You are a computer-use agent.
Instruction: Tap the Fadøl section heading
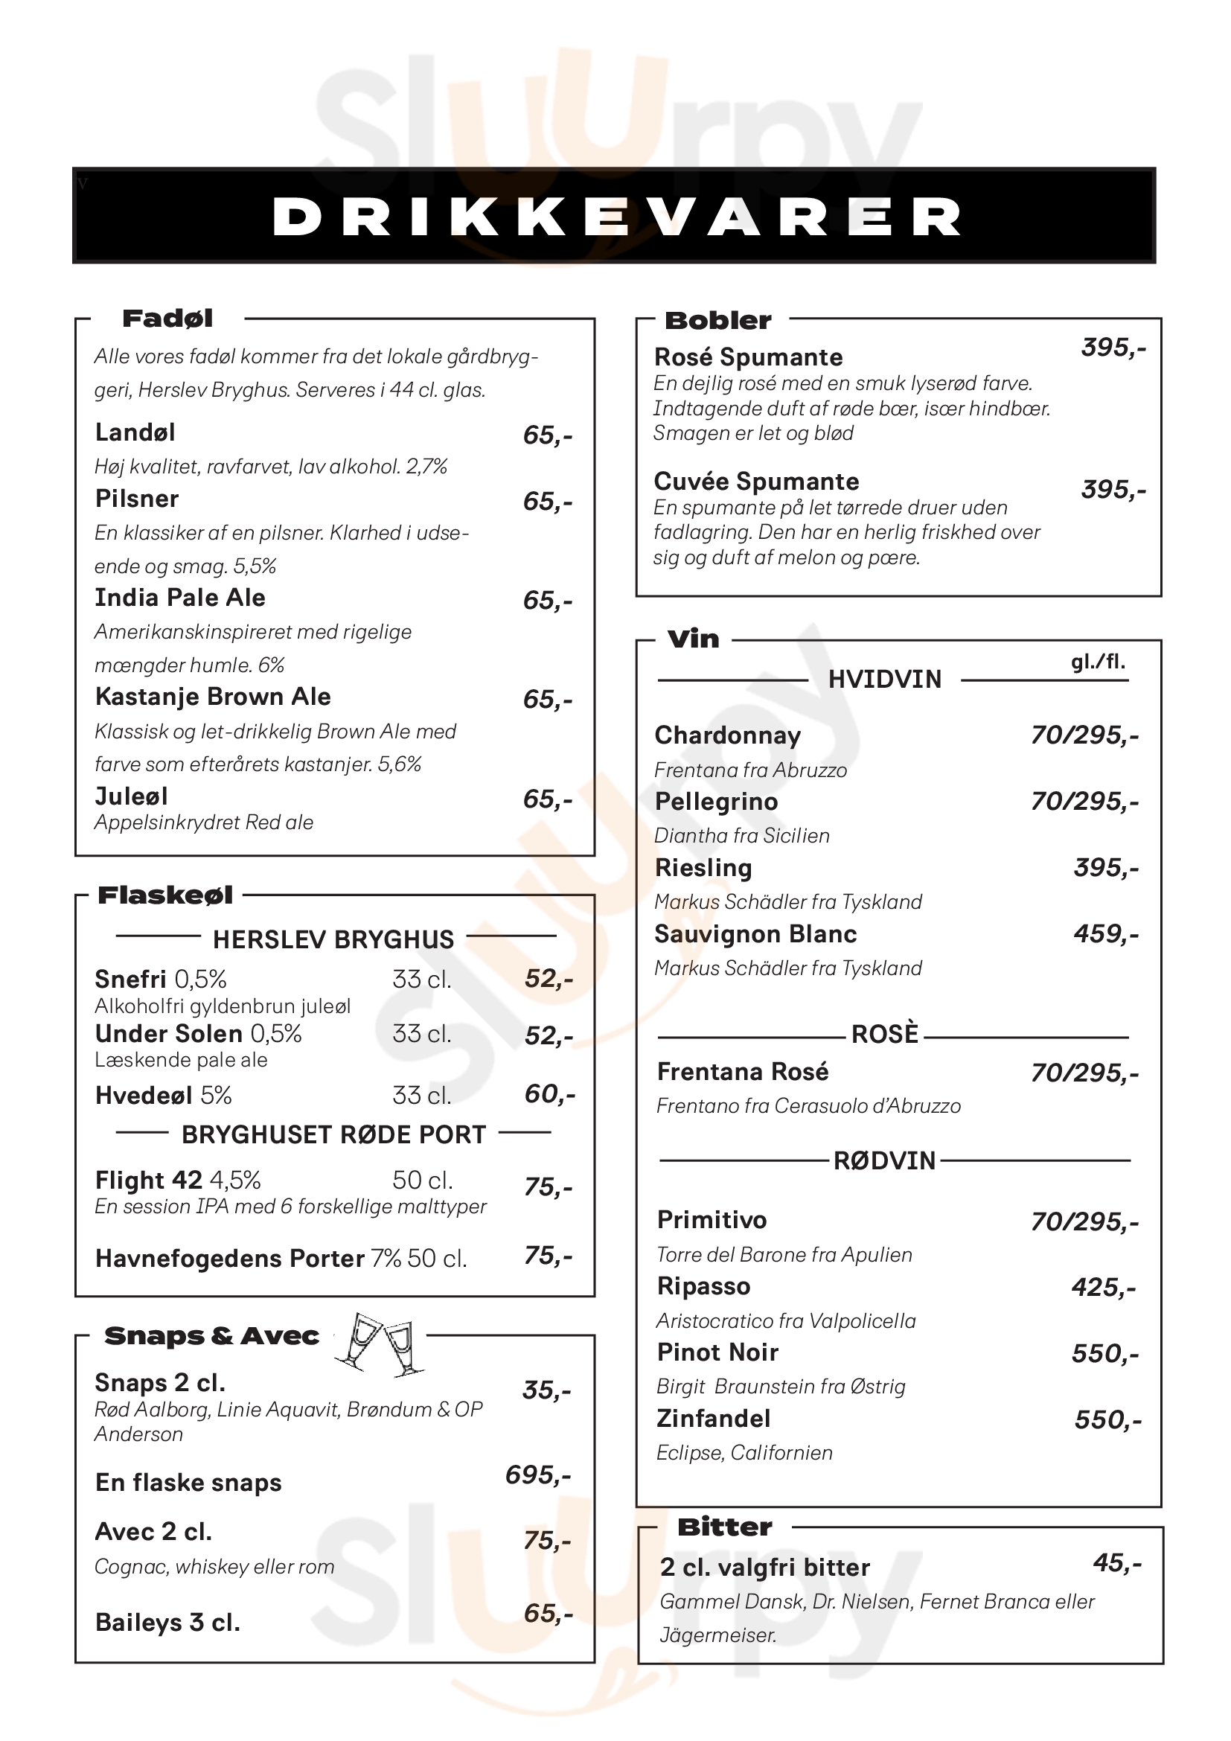tap(167, 319)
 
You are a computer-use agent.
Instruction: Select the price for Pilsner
tap(547, 501)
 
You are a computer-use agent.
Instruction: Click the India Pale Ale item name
tap(179, 598)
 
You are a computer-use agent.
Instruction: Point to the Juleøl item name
tap(131, 796)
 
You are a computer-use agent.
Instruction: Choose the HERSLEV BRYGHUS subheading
tap(333, 939)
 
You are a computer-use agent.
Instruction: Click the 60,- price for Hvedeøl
tap(549, 1093)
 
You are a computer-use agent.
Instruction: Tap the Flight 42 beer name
tap(149, 1180)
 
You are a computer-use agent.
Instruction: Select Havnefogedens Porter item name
tap(230, 1259)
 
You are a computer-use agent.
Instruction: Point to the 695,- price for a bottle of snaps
tap(538, 1475)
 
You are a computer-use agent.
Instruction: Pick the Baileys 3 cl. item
tap(167, 1622)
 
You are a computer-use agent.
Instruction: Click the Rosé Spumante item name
tap(748, 357)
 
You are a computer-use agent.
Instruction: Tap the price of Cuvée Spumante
tap(1113, 490)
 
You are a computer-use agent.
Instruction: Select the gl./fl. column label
tap(1098, 662)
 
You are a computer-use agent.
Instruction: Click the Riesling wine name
tap(703, 867)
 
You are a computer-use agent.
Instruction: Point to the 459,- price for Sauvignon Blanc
tap(1106, 933)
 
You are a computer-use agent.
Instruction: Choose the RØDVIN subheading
tap(885, 1160)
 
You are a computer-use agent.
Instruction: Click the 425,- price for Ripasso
tap(1104, 1287)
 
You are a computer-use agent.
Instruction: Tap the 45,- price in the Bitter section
tap(1116, 1562)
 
